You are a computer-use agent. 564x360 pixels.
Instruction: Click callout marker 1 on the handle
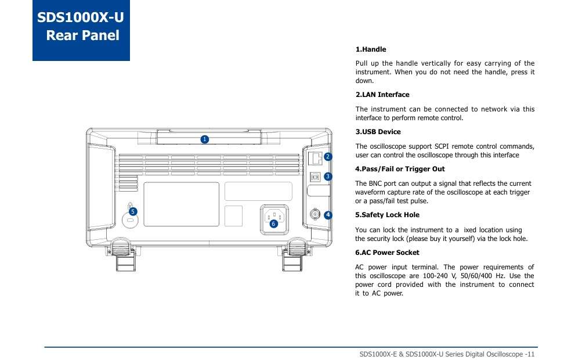tap(204, 139)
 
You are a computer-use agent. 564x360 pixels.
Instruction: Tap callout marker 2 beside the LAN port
tap(328, 157)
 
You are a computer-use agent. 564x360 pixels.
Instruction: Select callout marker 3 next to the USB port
tap(328, 176)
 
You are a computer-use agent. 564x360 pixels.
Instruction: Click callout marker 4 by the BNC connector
tap(328, 215)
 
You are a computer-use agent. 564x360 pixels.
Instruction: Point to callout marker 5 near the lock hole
tap(133, 211)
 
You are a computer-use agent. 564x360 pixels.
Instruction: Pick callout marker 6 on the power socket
tap(273, 224)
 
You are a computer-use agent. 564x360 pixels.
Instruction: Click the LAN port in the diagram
tap(316, 157)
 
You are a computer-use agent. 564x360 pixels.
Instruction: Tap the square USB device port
tap(316, 176)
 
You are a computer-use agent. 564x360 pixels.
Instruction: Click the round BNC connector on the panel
tap(315, 215)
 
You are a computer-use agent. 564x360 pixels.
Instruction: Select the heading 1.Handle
tap(370, 49)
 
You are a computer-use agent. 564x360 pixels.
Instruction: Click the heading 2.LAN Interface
tap(382, 95)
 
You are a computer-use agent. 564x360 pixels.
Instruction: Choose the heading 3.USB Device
tap(378, 132)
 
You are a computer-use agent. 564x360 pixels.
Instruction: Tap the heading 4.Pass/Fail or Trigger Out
tap(400, 169)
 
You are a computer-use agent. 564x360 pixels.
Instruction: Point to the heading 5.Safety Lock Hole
tap(387, 215)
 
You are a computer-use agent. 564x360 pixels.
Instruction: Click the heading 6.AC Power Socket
tap(387, 253)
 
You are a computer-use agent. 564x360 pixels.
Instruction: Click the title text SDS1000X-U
tap(81, 17)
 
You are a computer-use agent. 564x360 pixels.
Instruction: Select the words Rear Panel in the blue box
tap(82, 35)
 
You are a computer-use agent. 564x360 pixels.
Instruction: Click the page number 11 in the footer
tap(530, 354)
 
